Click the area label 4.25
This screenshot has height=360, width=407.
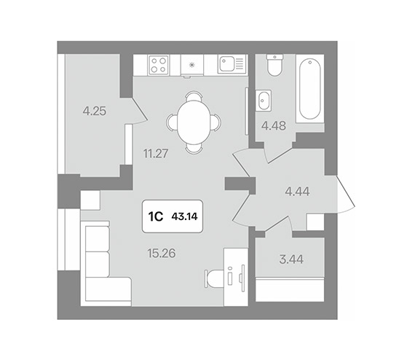95,111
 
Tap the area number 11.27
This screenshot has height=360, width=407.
156,154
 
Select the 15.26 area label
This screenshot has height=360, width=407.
162,254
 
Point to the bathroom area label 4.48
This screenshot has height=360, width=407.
274,126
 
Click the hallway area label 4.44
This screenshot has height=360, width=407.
297,192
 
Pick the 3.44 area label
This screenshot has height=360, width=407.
291,259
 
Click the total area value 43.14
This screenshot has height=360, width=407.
184,216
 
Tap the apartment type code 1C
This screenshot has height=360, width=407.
156,216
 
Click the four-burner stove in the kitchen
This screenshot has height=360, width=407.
159,65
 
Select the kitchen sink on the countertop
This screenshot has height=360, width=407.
232,64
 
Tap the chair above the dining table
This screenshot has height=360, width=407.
194,96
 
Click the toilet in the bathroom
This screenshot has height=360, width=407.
274,65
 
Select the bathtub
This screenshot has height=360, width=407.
310,89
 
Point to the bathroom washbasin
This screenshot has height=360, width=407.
263,101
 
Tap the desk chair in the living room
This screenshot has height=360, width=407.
214,279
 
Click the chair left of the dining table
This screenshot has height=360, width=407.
172,122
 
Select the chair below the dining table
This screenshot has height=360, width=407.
194,148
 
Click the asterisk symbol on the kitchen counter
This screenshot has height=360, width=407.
191,65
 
